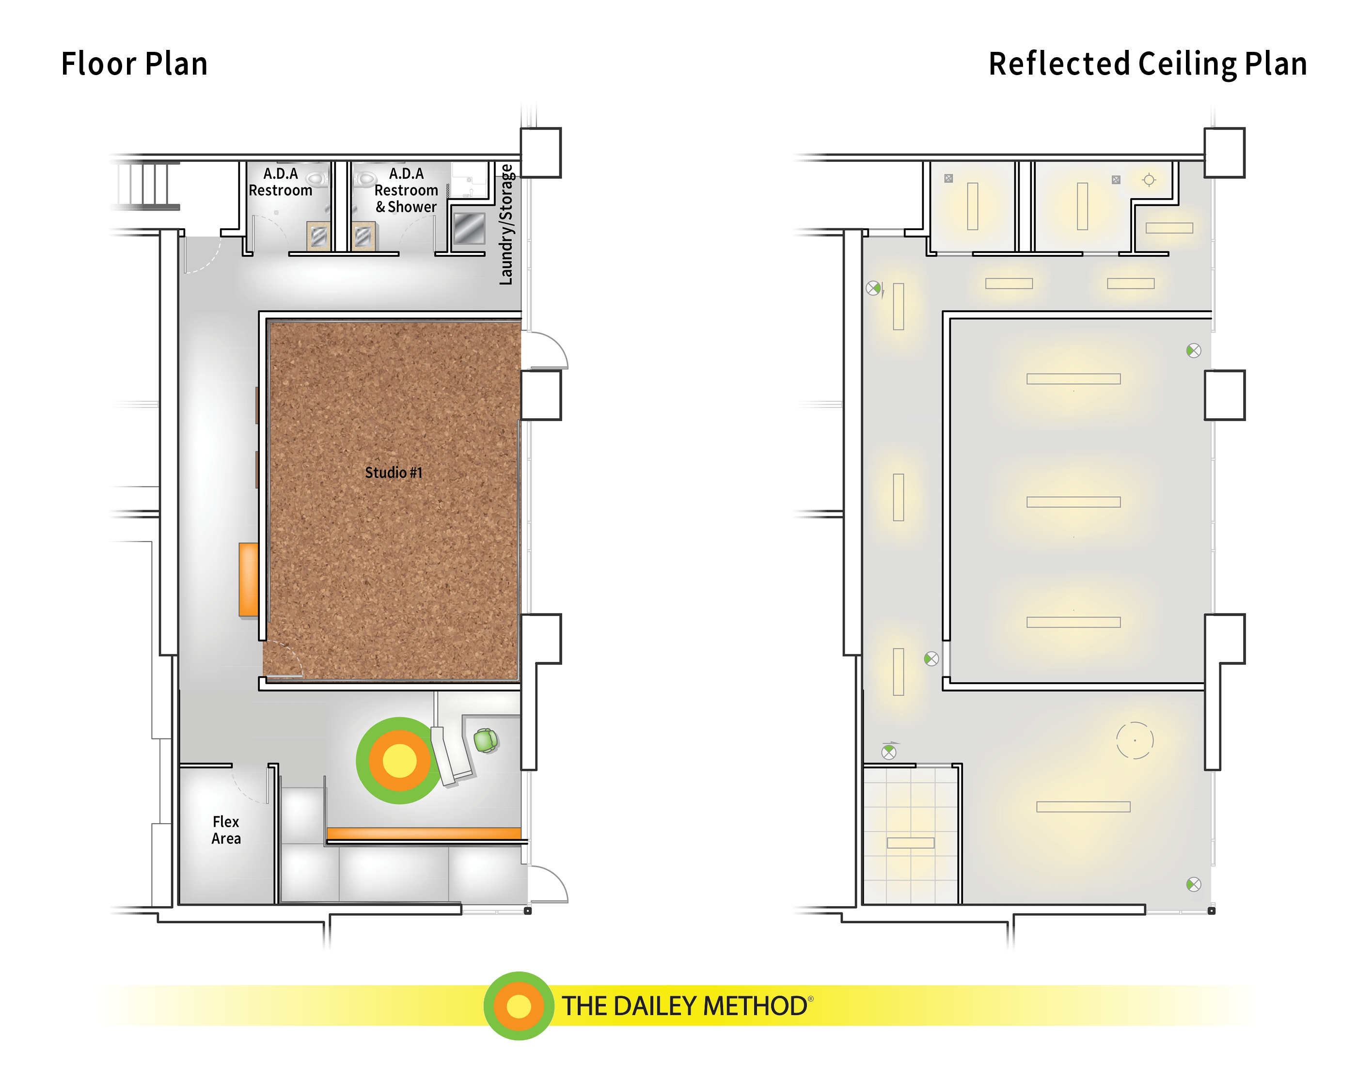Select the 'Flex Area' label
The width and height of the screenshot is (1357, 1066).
coord(226,830)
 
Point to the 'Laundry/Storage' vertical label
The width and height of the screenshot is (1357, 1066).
coord(506,225)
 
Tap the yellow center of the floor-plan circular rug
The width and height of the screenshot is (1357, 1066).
coord(399,761)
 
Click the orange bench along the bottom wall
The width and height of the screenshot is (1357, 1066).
coord(424,833)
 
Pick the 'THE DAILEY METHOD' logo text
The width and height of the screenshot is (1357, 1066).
coord(685,1006)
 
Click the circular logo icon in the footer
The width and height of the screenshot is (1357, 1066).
coord(519,1006)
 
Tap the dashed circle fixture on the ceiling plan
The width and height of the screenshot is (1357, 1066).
coord(1135,740)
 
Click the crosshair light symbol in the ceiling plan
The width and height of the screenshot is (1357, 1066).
coord(1149,180)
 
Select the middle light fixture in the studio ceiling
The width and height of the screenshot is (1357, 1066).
coord(1073,502)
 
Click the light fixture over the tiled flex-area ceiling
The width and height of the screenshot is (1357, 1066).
coord(911,843)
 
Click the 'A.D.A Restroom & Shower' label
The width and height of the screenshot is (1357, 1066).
coord(406,190)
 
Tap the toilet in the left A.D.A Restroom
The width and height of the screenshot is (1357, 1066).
coord(317,179)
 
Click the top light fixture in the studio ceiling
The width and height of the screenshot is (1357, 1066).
coord(1073,379)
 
